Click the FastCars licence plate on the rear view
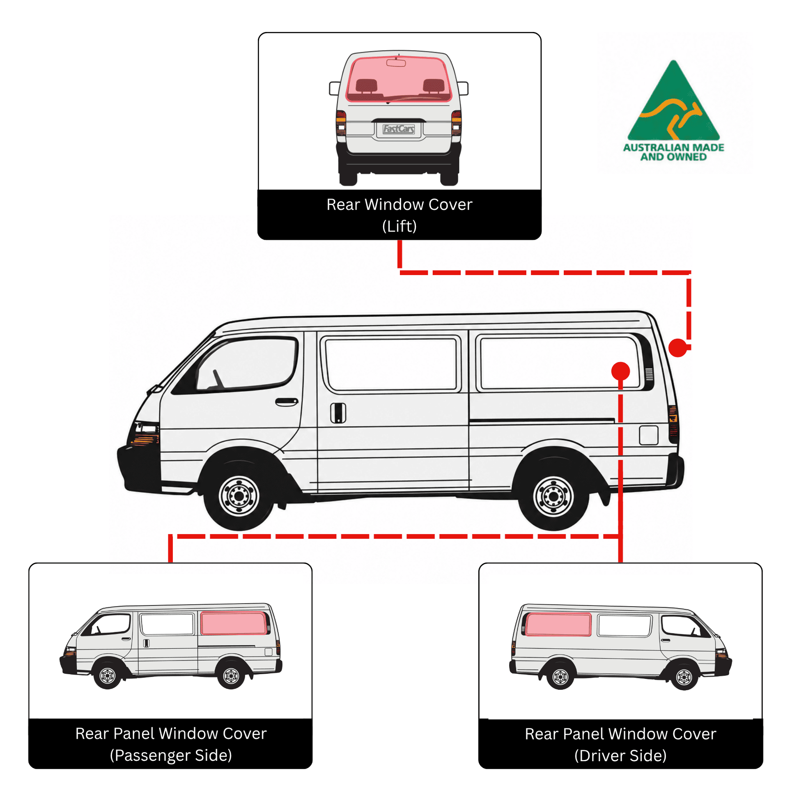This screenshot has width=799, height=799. click(399, 129)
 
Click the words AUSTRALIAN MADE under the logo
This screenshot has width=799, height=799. click(674, 148)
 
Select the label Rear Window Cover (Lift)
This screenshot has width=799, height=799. click(399, 215)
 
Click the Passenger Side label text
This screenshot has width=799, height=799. click(171, 755)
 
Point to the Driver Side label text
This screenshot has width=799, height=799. click(620, 755)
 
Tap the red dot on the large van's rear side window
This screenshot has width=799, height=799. click(620, 371)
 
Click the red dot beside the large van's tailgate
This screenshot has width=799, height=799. click(678, 347)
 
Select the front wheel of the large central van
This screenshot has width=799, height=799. click(239, 495)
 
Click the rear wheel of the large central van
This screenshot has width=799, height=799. click(553, 495)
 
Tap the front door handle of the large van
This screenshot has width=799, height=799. click(287, 402)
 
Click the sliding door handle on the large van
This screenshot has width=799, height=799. click(338, 412)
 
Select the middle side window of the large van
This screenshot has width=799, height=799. click(391, 364)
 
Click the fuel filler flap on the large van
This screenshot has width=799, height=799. click(648, 435)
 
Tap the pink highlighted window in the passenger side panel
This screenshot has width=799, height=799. click(234, 623)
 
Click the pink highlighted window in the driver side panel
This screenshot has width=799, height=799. click(558, 625)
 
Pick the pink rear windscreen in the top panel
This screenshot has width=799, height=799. click(398, 78)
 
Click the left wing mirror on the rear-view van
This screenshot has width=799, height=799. click(334, 88)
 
